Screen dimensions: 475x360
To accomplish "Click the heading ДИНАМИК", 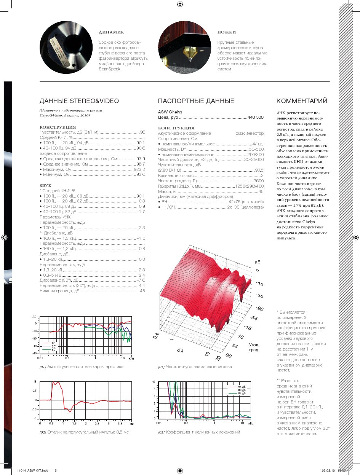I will point(111,32).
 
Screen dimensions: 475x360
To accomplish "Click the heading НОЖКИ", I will point(227,32).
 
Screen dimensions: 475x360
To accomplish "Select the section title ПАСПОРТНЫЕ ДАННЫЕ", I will point(196,101).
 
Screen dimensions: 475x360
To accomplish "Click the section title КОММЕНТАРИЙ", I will point(302,101).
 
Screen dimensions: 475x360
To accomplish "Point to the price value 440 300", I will point(255,118).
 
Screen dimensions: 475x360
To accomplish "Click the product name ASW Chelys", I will point(170,112).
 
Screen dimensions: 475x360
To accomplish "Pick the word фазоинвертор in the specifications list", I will point(250,134).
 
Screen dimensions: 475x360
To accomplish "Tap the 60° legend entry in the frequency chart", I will point(54,349).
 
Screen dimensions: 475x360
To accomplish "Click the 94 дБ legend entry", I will point(242,387).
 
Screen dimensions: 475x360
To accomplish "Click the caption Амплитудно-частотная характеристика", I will point(85,367).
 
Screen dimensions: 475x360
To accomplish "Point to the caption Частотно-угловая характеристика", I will point(198,367).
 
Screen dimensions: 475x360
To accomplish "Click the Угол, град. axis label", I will point(254,347).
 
